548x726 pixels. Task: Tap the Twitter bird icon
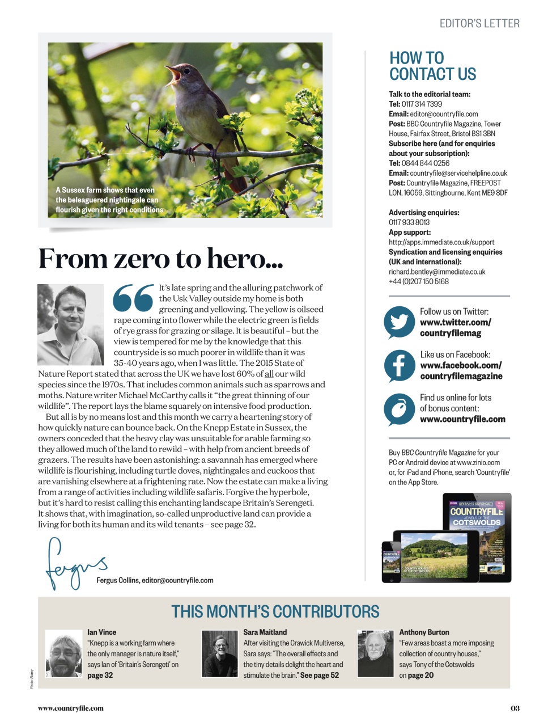[399, 322]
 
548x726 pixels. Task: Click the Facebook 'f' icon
[399, 365]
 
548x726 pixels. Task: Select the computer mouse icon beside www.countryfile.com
[399, 408]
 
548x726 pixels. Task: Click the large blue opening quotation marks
[133, 298]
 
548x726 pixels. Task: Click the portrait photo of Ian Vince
[63, 653]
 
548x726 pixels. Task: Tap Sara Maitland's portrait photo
[219, 653]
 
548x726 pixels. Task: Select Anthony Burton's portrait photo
[375, 653]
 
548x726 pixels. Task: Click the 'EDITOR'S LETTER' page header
[479, 24]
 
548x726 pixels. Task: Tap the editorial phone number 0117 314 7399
[422, 104]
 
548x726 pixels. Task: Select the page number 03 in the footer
[515, 708]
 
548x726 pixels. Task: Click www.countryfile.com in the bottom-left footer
[71, 708]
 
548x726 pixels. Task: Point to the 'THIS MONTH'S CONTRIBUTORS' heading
[275, 611]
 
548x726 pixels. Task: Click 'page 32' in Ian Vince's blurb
[100, 676]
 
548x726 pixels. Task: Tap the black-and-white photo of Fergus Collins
[70, 324]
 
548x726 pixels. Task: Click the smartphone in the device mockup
[392, 559]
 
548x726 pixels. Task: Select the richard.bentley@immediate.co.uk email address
[437, 272]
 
